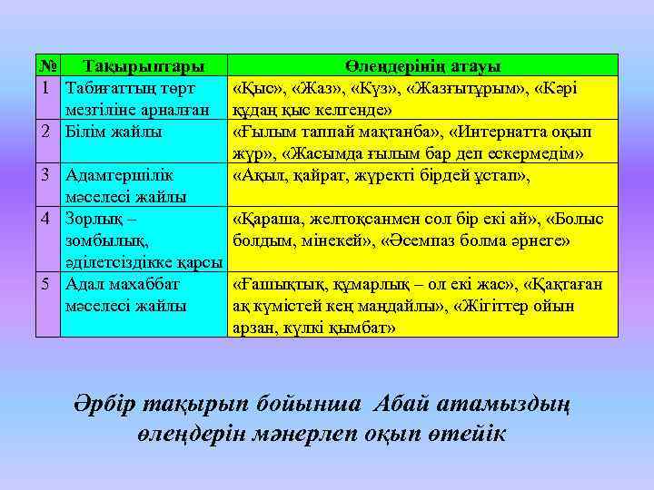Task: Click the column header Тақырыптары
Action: (143, 66)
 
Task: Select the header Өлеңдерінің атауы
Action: (422, 66)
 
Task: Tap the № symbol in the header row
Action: (48, 66)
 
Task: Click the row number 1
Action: (45, 88)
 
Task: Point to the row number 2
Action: (45, 132)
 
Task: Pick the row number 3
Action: (45, 175)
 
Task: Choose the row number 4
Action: (45, 219)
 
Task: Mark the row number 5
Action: (45, 284)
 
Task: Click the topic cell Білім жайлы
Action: (114, 132)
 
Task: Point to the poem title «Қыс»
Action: (257, 88)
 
